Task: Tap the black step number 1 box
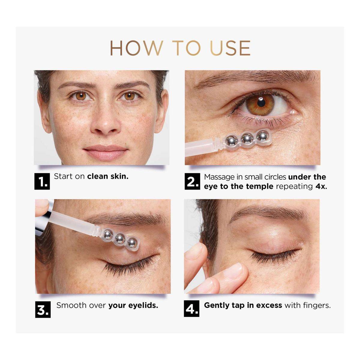[42, 181]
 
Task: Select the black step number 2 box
[192, 181]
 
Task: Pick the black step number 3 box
[43, 310]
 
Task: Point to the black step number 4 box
[192, 309]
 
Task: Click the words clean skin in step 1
[108, 176]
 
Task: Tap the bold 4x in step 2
[321, 187]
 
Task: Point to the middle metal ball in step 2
[247, 138]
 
